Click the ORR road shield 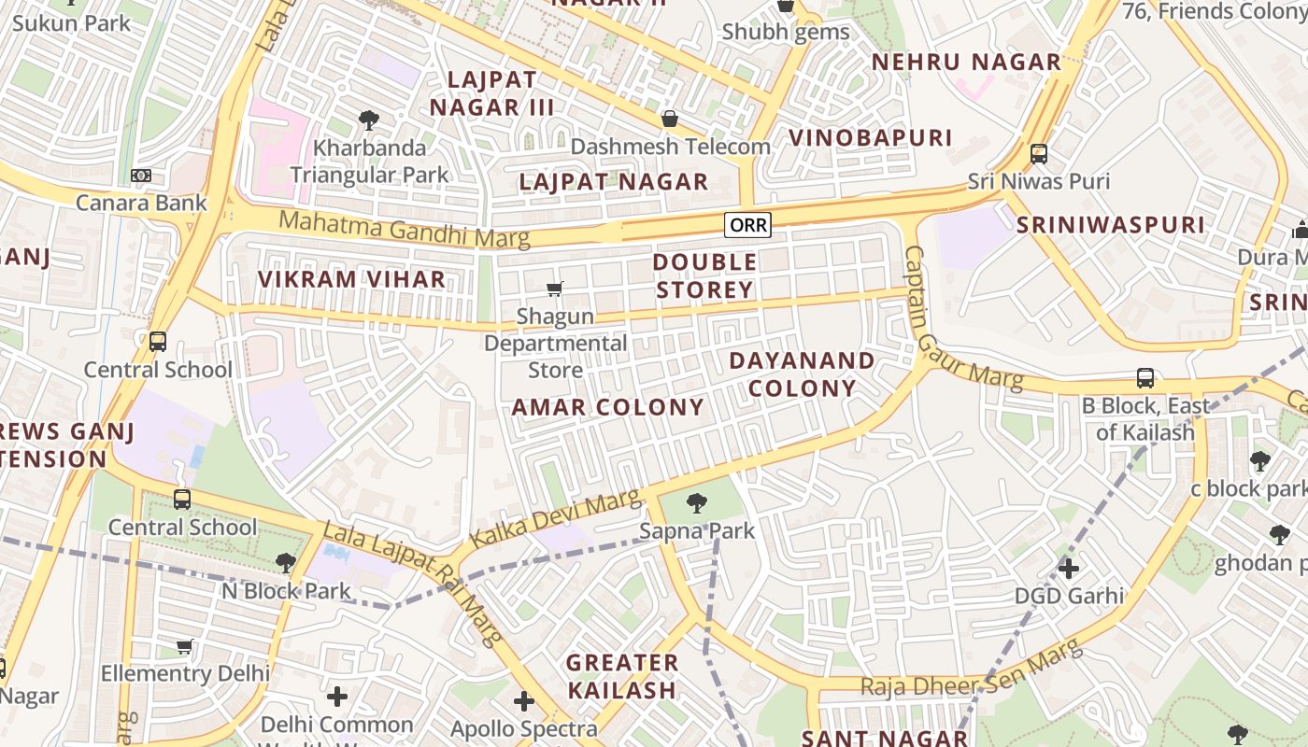[748, 225]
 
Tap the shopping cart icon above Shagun [555, 289]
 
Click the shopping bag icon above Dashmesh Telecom [669, 119]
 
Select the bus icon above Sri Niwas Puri [1038, 154]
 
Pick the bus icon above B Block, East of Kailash [1145, 378]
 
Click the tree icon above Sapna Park [696, 504]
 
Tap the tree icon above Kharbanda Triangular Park [369, 120]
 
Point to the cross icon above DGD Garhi [1069, 568]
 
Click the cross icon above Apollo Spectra [523, 701]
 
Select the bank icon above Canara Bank [141, 176]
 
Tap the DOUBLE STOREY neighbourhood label [704, 275]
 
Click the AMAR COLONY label [607, 407]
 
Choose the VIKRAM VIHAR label [351, 279]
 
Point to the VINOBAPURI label [870, 138]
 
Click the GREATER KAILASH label [622, 676]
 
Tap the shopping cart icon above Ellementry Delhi [185, 646]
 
